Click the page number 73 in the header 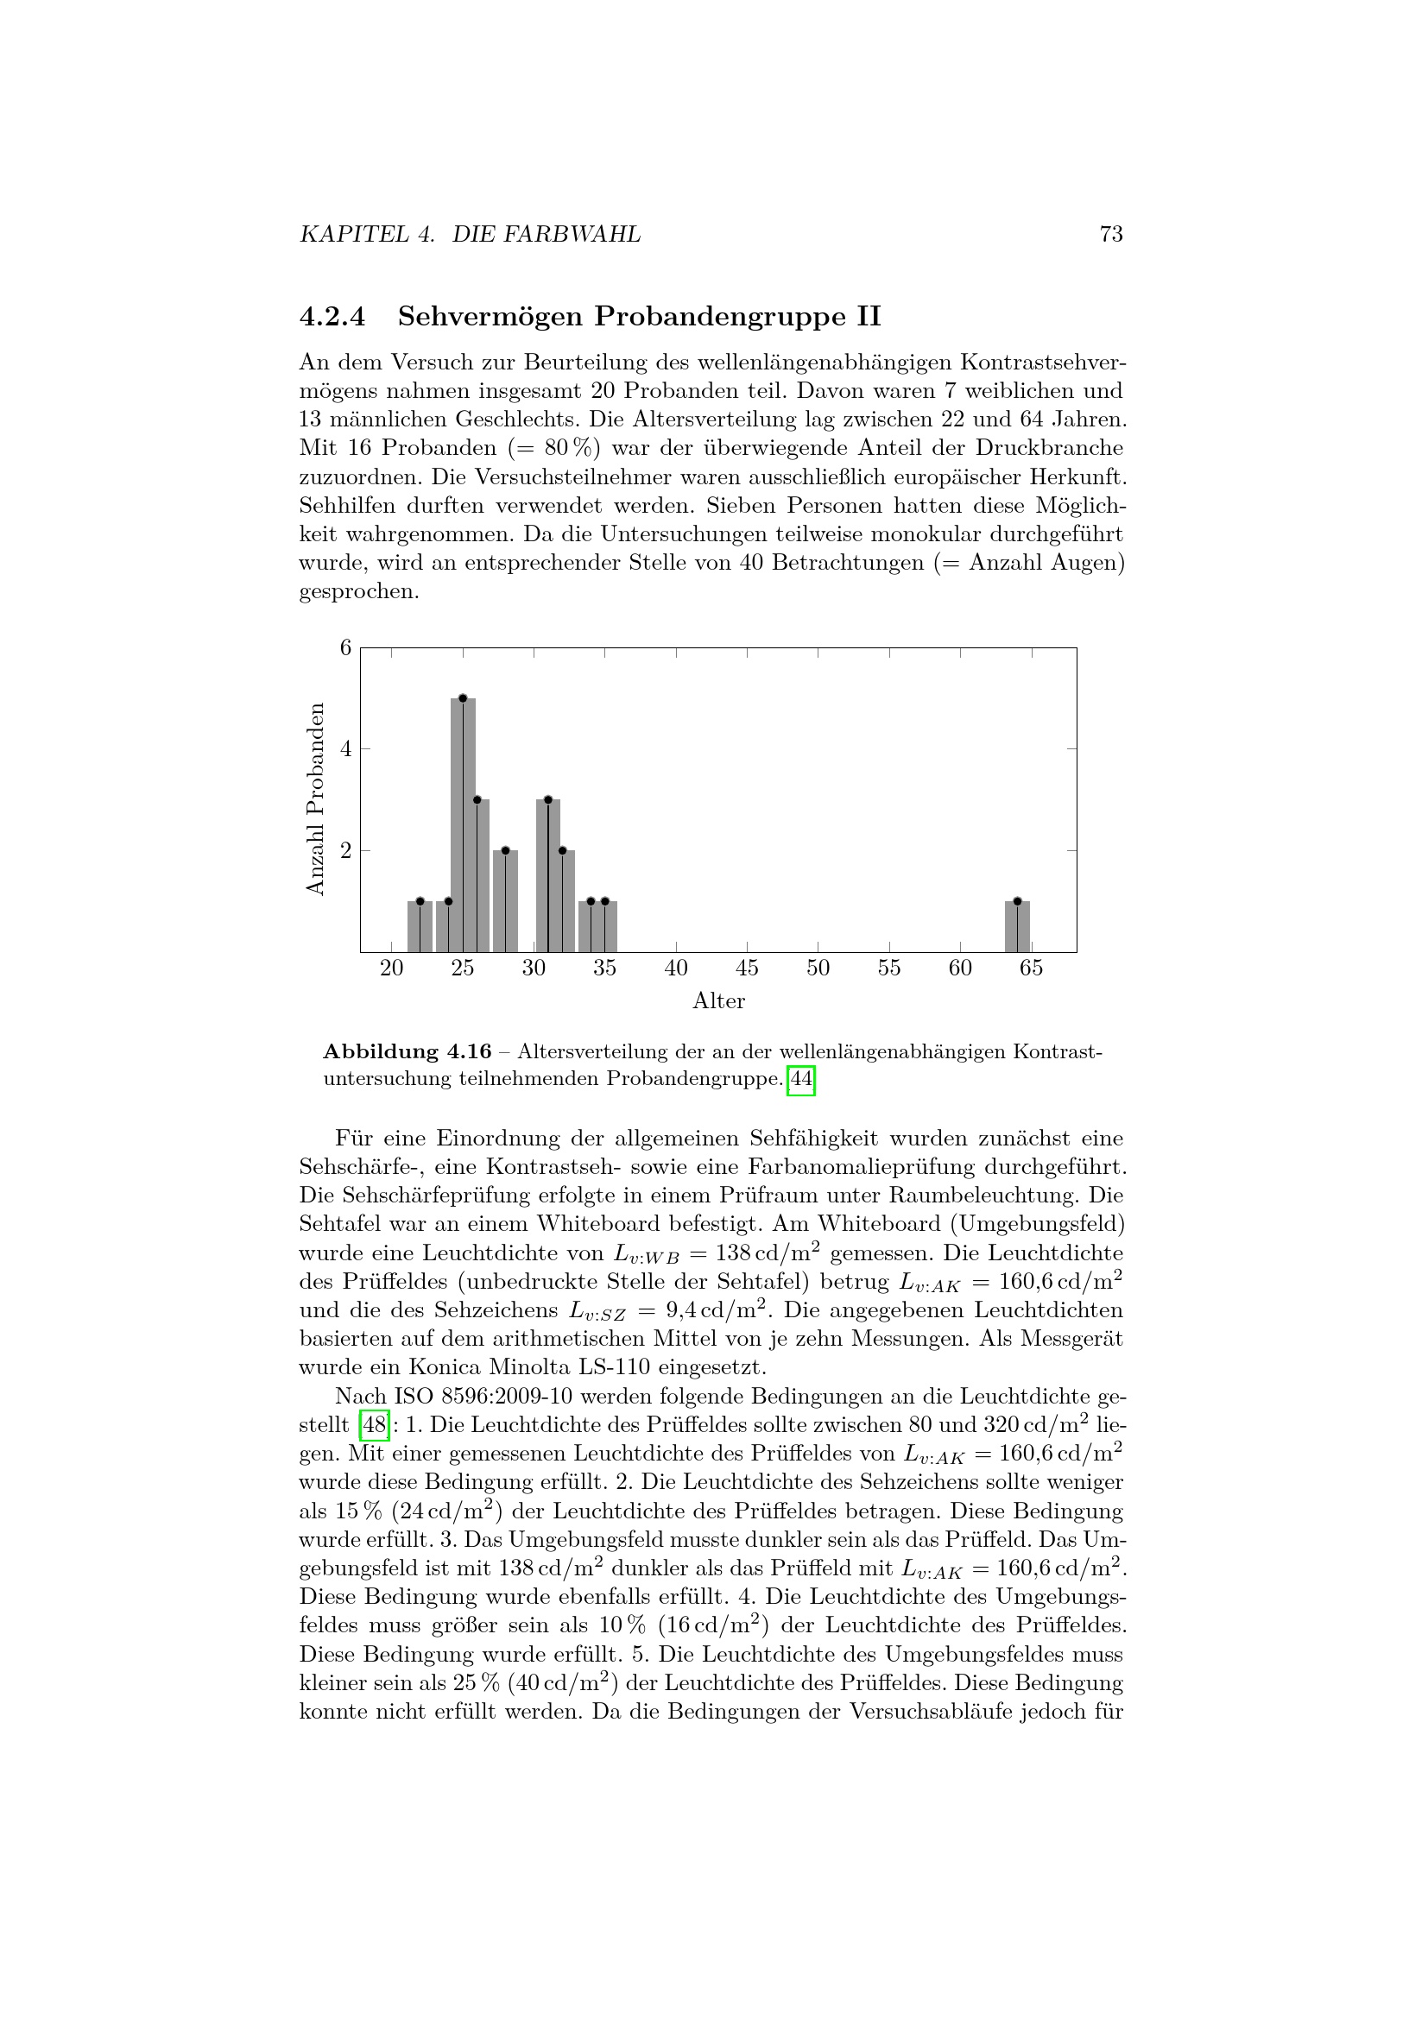click(x=1110, y=234)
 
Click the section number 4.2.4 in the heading click(x=332, y=317)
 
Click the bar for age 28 click(x=506, y=900)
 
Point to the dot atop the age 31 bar click(x=548, y=799)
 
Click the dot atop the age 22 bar click(x=420, y=901)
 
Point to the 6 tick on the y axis click(x=345, y=648)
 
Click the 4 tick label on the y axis click(x=345, y=749)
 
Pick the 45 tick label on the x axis click(x=748, y=968)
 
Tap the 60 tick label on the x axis click(x=960, y=968)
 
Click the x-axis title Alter click(x=718, y=1000)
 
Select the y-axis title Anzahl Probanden click(x=316, y=798)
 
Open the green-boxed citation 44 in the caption click(x=801, y=1079)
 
